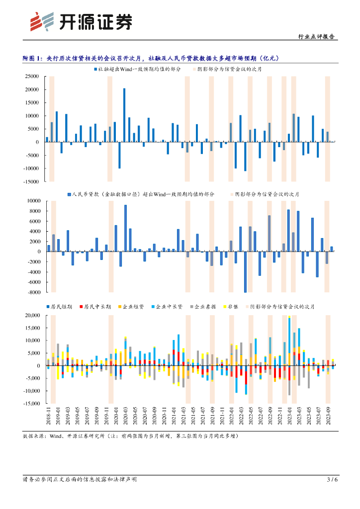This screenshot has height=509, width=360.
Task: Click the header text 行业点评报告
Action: (316, 36)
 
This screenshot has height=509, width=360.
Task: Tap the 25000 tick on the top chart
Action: (32, 77)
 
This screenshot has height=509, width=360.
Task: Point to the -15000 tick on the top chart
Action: (31, 182)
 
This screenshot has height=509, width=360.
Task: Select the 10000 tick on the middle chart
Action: (33, 201)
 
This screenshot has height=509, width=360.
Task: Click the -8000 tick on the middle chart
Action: (33, 292)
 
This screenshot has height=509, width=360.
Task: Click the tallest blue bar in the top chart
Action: (124, 115)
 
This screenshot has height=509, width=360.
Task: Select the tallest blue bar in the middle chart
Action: (125, 228)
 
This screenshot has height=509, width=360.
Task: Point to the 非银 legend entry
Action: (233, 307)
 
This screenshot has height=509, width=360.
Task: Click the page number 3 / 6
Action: (332, 480)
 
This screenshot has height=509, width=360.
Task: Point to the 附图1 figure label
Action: (33, 58)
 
